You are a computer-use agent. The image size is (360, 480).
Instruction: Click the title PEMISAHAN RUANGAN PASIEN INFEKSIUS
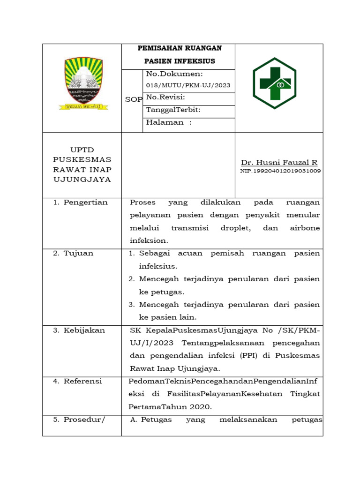click(179, 54)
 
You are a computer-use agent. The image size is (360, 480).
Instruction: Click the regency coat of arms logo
click(83, 84)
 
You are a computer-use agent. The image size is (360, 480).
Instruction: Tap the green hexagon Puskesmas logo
click(274, 83)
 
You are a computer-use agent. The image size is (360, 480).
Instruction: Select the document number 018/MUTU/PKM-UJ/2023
click(188, 85)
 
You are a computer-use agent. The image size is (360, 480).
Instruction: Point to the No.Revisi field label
click(165, 97)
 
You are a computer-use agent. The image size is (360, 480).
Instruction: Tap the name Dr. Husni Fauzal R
click(279, 163)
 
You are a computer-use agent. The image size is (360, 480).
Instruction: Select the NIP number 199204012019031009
click(280, 171)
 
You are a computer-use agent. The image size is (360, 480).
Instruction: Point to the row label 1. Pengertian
click(80, 202)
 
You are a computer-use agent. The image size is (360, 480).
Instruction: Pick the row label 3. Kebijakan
click(79, 330)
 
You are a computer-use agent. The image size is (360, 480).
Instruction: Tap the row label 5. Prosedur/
click(79, 420)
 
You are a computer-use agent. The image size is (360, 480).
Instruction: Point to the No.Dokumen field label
click(174, 74)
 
